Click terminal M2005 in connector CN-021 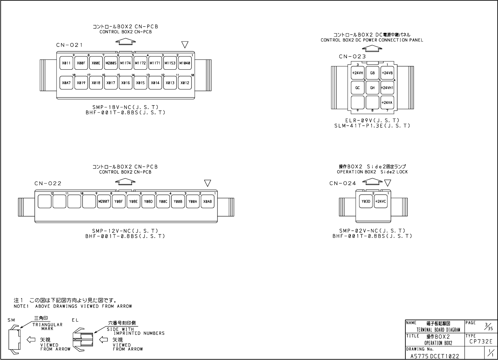tap(111, 63)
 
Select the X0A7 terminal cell tap(66, 83)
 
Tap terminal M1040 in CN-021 tap(185, 63)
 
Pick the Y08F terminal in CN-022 tap(118, 202)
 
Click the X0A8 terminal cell tap(207, 202)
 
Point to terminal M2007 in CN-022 tap(103, 202)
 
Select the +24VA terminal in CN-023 tap(387, 103)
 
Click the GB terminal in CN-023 tap(372, 73)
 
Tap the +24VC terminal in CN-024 tap(380, 202)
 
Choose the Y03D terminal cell tap(366, 202)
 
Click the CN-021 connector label tap(69, 45)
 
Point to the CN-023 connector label tap(352, 57)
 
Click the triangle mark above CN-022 tap(207, 183)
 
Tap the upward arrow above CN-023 tap(372, 48)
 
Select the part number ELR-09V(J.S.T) tap(372, 121)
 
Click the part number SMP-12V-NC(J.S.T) tap(125, 231)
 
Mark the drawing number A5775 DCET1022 tap(435, 356)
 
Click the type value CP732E tap(481, 342)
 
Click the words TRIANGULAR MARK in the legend tap(47, 326)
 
